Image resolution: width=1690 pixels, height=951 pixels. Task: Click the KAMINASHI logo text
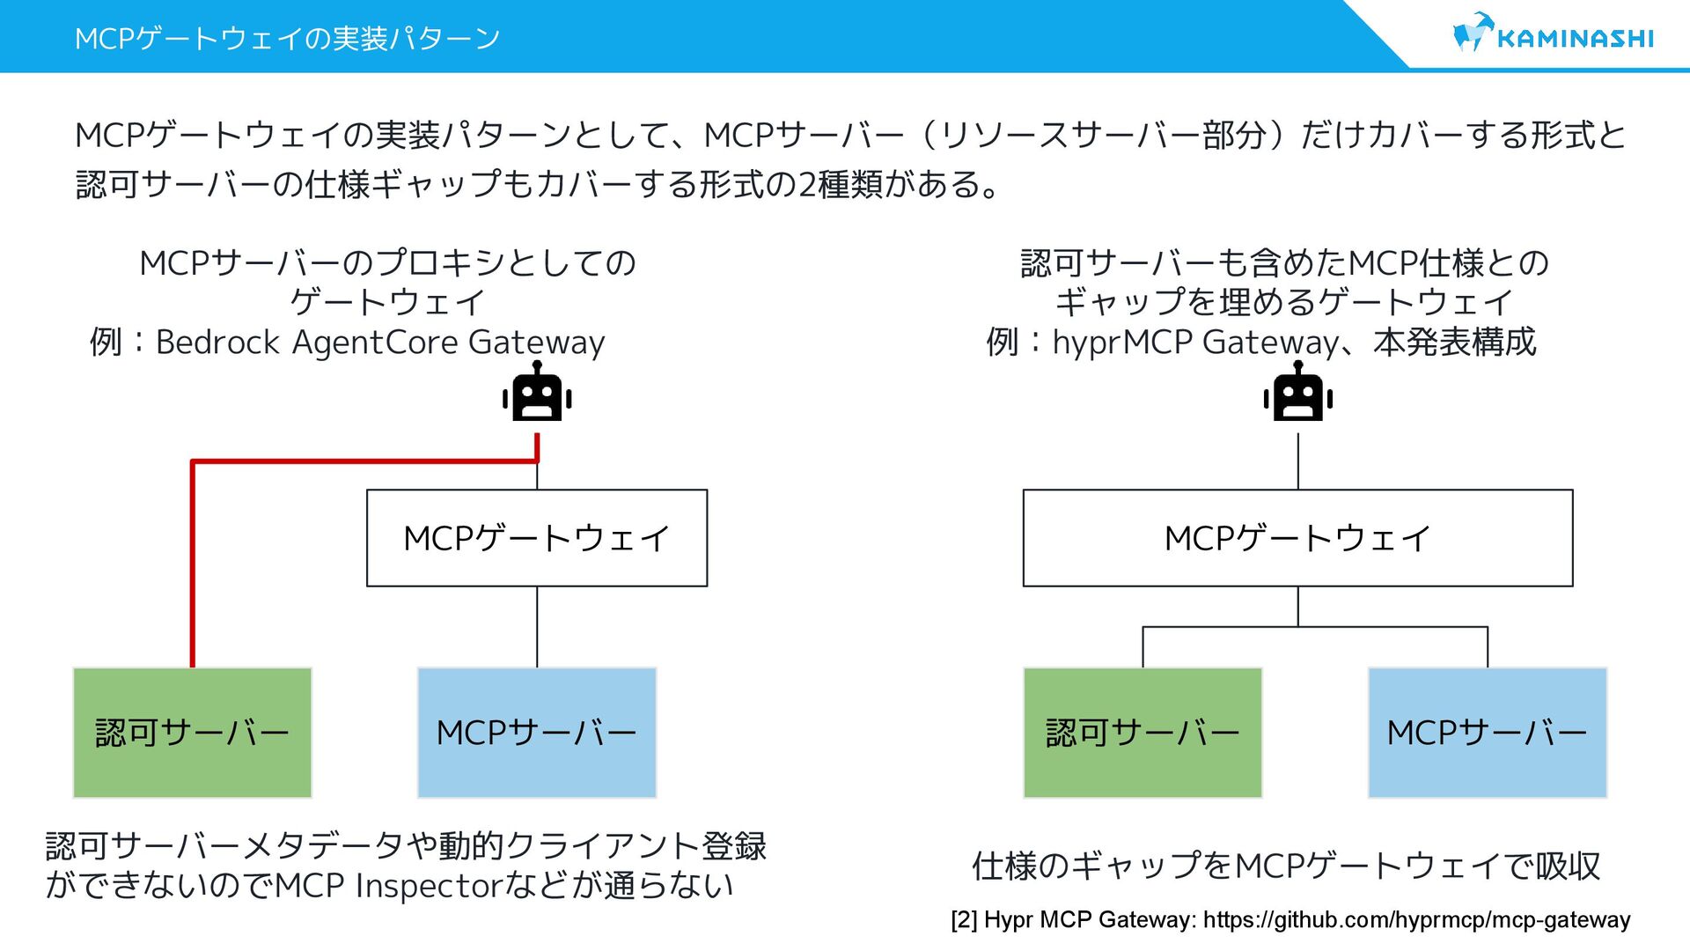tap(1575, 39)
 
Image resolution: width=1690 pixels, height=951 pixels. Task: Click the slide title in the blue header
tap(287, 39)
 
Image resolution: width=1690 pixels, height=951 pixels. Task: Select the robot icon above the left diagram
tap(537, 394)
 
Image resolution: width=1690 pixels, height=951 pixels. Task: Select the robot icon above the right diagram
tap(1297, 394)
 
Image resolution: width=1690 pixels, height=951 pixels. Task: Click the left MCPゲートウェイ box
tap(537, 538)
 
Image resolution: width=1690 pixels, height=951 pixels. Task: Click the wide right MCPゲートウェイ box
tap(1297, 538)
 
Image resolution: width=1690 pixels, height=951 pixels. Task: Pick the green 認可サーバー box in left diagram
tap(192, 733)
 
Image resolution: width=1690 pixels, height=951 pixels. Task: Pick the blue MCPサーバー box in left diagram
tap(537, 733)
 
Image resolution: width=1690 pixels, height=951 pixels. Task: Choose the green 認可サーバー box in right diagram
tap(1143, 733)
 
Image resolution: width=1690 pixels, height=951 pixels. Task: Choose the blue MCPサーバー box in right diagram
tap(1488, 733)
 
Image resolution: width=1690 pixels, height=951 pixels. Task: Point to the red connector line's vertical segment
tap(193, 564)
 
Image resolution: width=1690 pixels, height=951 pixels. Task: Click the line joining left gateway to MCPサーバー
tap(537, 627)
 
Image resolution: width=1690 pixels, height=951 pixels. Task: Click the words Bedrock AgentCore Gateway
tap(380, 342)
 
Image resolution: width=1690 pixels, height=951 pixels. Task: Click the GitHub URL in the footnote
tap(1416, 920)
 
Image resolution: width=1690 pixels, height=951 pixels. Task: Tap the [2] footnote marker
tap(964, 920)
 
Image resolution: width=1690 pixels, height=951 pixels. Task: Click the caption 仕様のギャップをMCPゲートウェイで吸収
tap(1285, 866)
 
